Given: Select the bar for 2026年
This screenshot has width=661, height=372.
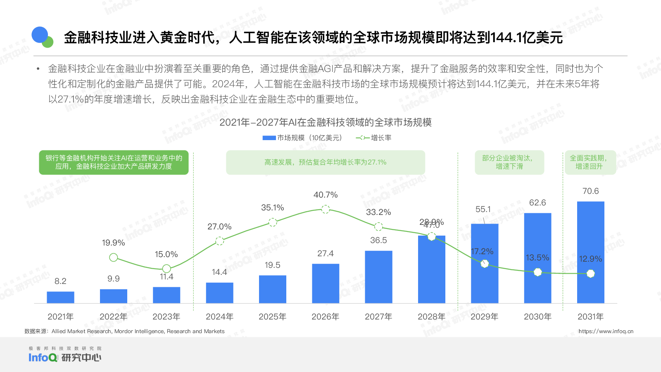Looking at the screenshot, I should click(x=326, y=284).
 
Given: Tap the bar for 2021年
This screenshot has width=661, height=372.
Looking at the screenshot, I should click(x=60, y=297).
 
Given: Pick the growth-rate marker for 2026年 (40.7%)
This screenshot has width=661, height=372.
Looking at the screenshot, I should click(x=326, y=210).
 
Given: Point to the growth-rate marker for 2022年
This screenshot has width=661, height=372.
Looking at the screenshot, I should click(x=114, y=258).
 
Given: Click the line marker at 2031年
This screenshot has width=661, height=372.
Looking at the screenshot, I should click(x=591, y=274).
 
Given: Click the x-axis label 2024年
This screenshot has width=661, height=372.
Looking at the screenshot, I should click(x=219, y=317).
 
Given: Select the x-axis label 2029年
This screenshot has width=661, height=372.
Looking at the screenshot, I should click(x=484, y=317).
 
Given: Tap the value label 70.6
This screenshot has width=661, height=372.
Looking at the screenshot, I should click(x=590, y=191).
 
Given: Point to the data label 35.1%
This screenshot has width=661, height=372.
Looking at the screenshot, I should click(x=272, y=207).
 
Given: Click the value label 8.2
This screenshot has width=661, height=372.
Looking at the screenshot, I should click(x=60, y=281).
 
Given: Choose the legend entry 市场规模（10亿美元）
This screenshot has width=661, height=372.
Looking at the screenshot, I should click(x=302, y=138).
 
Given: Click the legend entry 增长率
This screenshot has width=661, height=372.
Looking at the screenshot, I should click(x=374, y=138).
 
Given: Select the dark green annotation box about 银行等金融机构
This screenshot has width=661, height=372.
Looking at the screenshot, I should click(x=114, y=162).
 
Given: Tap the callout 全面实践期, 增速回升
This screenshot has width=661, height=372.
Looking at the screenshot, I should click(x=590, y=162).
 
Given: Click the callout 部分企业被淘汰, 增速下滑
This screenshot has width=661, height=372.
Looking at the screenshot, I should click(x=509, y=162).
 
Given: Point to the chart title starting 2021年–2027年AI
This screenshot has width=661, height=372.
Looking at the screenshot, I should click(x=326, y=122).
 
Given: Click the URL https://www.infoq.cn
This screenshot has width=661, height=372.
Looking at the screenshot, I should click(x=606, y=331).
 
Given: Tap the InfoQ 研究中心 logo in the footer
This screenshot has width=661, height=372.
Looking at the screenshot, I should click(x=65, y=355).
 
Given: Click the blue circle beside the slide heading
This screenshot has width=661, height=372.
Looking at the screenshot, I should click(x=40, y=35).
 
